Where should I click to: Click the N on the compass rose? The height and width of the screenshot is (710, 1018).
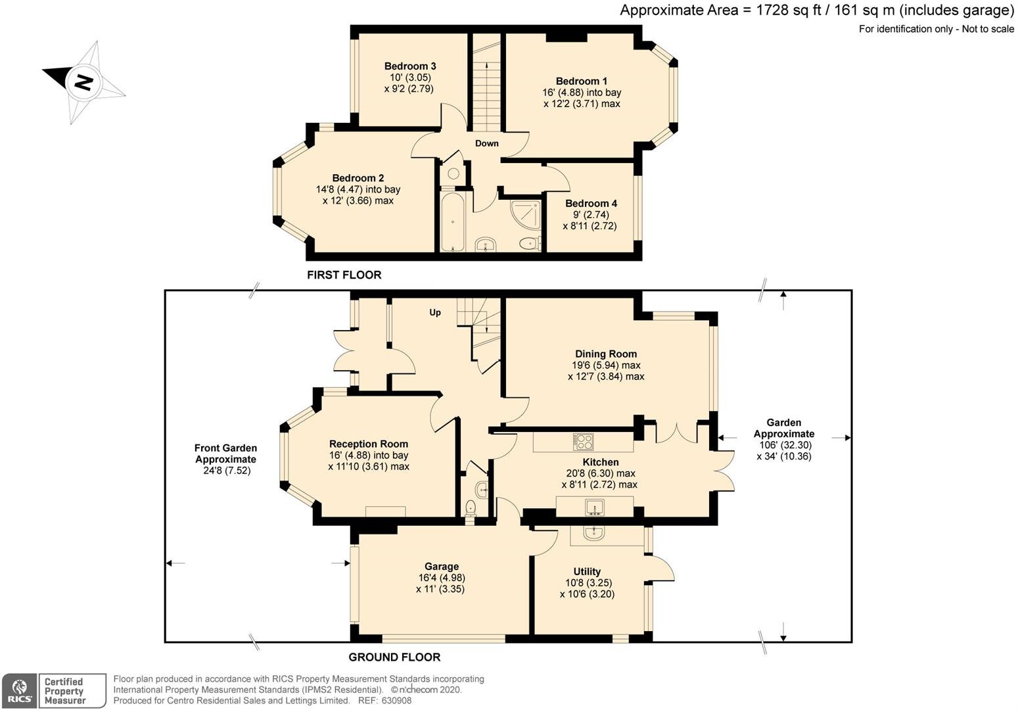tap(83, 82)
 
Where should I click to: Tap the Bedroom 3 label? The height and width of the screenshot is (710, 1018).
tap(410, 66)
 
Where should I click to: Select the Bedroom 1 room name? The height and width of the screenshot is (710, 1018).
tap(581, 82)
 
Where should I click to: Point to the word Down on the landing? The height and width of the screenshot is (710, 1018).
tap(487, 143)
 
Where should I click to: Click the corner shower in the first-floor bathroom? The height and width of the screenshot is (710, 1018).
tap(526, 215)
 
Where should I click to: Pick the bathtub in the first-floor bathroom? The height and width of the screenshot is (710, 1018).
tap(452, 222)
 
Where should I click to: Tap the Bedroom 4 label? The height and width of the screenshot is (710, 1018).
tap(591, 204)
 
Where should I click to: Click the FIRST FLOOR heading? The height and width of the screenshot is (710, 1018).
tap(344, 275)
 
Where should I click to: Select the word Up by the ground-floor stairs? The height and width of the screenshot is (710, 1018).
tap(435, 313)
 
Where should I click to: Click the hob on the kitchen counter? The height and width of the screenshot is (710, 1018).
tap(583, 441)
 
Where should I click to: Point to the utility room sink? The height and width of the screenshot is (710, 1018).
tap(593, 533)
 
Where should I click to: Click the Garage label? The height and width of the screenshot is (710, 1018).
tap(441, 567)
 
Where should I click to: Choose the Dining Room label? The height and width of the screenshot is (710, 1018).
tap(606, 354)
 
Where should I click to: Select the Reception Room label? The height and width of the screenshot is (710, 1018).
tap(369, 444)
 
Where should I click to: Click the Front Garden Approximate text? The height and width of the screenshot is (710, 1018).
tap(226, 454)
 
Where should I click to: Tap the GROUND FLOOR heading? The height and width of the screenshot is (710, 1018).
tap(394, 657)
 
